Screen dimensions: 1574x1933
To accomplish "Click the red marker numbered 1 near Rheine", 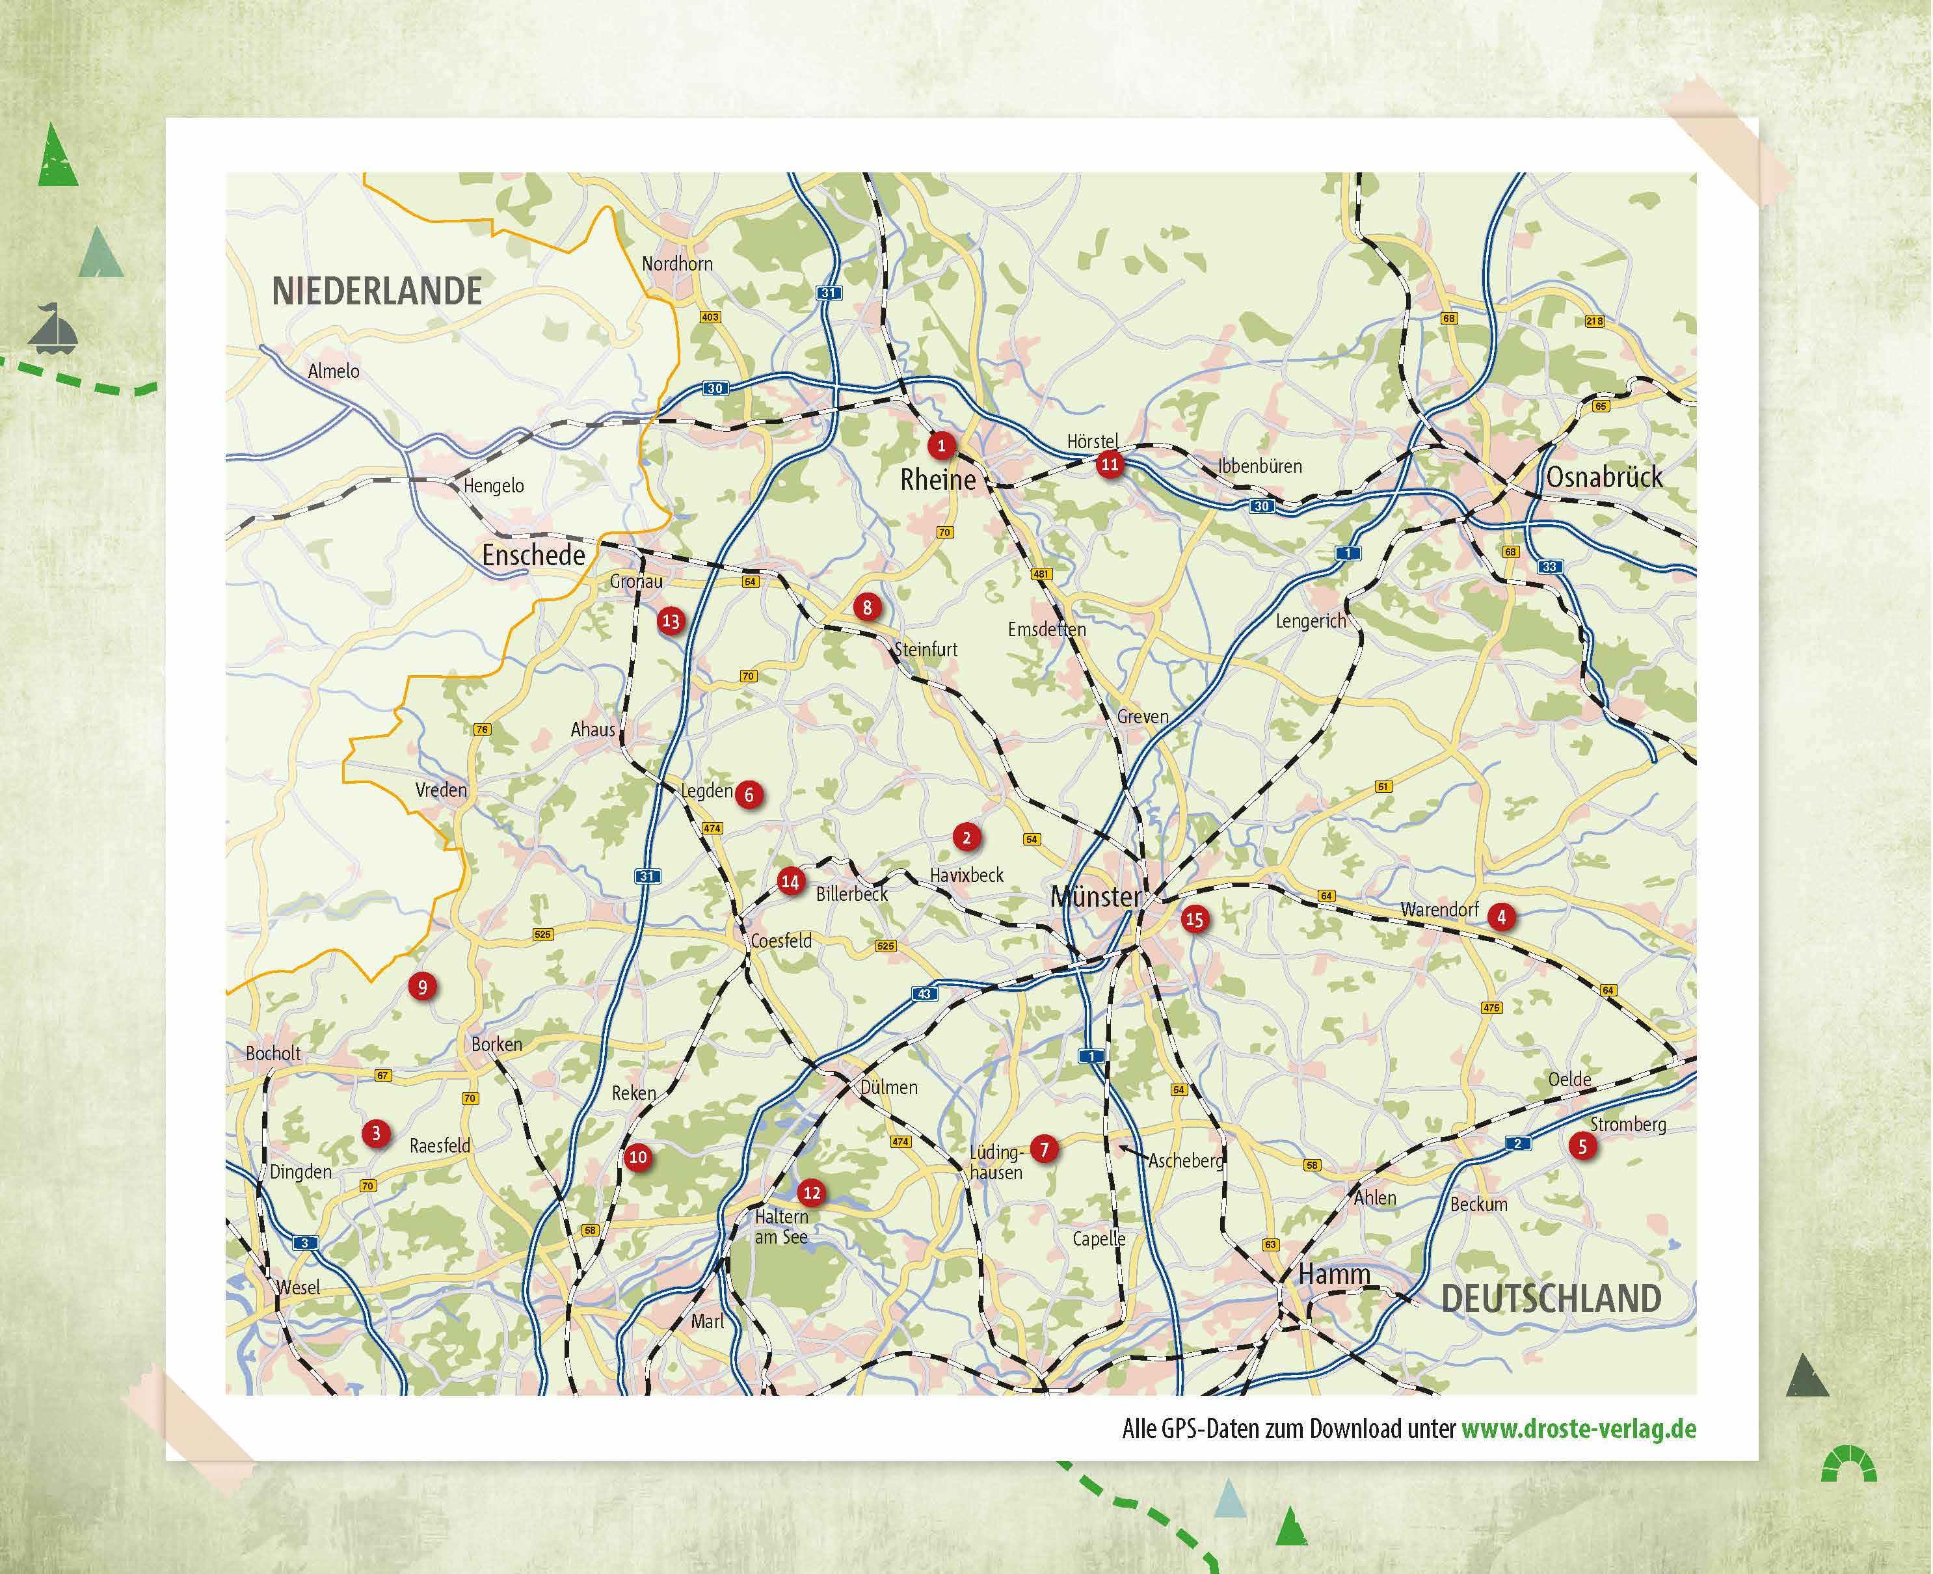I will [941, 445].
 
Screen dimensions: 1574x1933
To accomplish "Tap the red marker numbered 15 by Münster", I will [1194, 920].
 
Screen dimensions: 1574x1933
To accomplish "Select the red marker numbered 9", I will [421, 987].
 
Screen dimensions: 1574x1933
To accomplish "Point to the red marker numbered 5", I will [1582, 1146].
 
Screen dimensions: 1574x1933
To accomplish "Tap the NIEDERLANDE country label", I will [377, 291].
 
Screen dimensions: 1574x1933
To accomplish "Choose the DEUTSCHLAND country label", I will [1551, 1298].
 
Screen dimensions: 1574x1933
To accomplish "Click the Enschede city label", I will [533, 555].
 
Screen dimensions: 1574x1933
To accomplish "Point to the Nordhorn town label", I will [676, 264].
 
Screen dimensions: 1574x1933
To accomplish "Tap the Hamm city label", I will [1334, 1274].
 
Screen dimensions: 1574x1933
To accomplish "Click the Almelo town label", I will [334, 371].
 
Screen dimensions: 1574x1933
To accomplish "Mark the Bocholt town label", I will [273, 1054].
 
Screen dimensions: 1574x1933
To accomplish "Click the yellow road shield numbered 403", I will [709, 317].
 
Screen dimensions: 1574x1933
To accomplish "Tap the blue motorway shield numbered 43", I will [924, 994].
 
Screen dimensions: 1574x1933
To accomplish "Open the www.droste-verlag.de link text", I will [1579, 1429].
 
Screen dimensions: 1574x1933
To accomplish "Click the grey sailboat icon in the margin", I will [53, 328].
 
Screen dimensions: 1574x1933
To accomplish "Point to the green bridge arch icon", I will [1850, 1464].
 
